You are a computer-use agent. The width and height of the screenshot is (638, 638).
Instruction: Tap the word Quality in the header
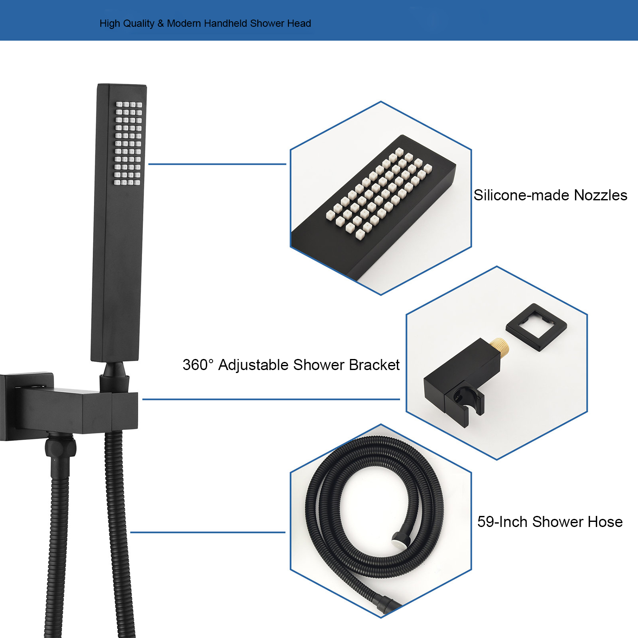point(138,24)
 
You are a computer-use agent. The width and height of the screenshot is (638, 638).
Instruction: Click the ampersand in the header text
point(160,23)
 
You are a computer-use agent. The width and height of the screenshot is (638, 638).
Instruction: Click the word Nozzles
point(601,195)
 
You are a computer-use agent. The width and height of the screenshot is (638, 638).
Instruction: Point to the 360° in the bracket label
point(198,365)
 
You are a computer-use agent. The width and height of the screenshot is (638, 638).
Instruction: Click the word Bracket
point(374,365)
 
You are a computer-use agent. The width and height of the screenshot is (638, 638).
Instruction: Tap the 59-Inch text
point(502,522)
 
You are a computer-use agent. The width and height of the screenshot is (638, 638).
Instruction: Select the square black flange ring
point(536,327)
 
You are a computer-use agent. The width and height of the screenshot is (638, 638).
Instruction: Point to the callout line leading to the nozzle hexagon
point(217,164)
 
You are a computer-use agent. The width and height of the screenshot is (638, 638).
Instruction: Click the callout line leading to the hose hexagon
point(208,532)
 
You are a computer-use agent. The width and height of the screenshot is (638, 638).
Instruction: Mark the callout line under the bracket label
point(271,399)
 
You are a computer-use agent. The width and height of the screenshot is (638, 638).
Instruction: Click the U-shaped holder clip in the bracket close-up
point(466,404)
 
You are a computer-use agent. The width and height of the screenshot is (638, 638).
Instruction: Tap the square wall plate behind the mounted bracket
point(26,407)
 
